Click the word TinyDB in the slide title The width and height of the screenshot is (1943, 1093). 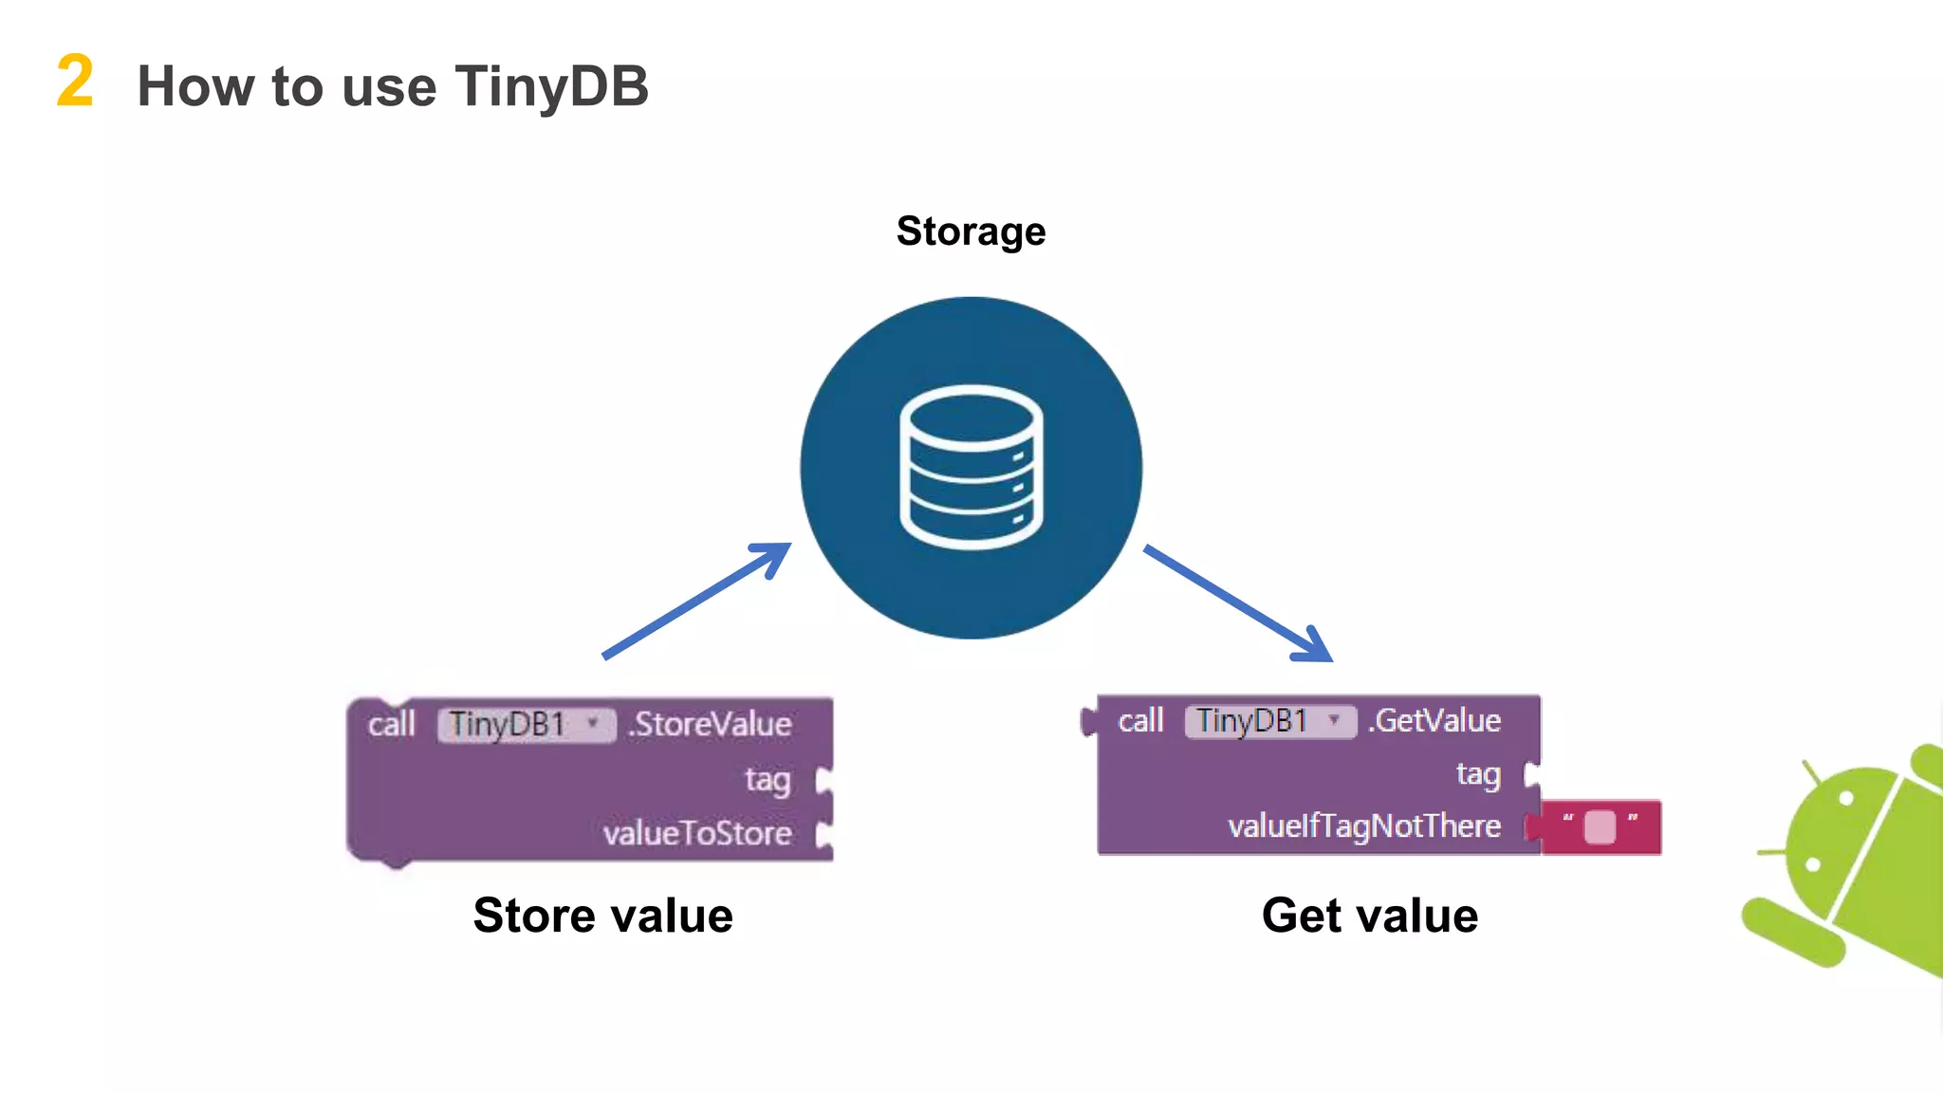pos(551,86)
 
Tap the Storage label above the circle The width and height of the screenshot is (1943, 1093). pos(971,232)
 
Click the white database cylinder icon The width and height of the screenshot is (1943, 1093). pos(971,467)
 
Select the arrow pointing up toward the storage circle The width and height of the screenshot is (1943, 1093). pos(697,600)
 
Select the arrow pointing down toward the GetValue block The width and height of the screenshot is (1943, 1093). pos(1238,603)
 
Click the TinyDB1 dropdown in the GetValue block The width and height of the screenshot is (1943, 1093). pos(1269,721)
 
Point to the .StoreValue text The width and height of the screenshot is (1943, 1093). pos(710,725)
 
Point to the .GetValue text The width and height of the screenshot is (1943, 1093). pos(1434,721)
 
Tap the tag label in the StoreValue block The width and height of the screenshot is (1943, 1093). pos(768,780)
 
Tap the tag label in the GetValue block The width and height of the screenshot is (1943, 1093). pos(1478,775)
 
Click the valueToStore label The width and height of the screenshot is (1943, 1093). pos(697,834)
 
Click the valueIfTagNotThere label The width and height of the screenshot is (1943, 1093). pos(1363,826)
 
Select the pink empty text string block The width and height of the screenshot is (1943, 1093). pos(1601,827)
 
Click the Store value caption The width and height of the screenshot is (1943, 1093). pos(603,916)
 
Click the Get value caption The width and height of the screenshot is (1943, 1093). pos(1369,916)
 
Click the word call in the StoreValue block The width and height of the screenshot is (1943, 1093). pos(392,725)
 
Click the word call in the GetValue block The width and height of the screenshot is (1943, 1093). pos(1140,721)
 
